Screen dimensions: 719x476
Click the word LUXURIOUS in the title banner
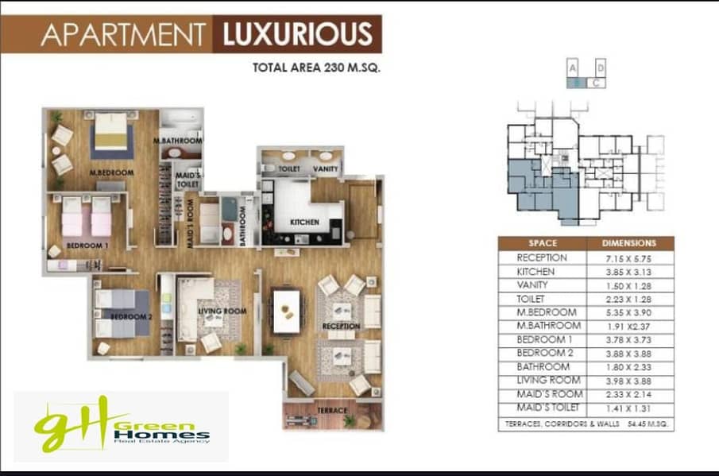click(x=298, y=34)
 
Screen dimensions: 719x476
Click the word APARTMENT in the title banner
click(x=123, y=34)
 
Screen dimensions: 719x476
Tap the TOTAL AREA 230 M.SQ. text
click(x=316, y=68)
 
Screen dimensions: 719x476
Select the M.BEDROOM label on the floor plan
click(x=111, y=173)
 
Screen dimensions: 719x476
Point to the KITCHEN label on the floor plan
click(x=304, y=222)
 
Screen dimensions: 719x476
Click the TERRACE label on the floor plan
click(x=332, y=410)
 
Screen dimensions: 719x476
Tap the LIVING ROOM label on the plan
click(x=222, y=311)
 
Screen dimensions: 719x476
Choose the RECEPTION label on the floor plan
click(x=341, y=326)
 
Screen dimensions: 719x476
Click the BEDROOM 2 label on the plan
click(x=131, y=316)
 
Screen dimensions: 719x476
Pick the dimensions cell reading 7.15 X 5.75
click(x=628, y=258)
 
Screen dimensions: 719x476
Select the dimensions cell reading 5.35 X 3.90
click(x=628, y=313)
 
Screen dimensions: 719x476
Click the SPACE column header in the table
click(x=543, y=243)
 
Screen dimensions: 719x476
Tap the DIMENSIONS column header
click(x=629, y=243)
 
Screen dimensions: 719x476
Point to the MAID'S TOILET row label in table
click(x=548, y=408)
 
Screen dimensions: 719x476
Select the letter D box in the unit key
click(x=601, y=68)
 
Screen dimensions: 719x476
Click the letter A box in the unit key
click(x=572, y=68)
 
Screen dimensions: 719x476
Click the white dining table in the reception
click(x=287, y=312)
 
